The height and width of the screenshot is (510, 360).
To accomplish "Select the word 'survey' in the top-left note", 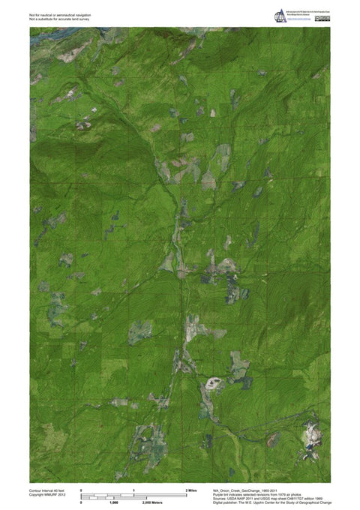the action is (x=84, y=19).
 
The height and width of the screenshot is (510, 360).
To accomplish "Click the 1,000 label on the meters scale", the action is (x=112, y=502).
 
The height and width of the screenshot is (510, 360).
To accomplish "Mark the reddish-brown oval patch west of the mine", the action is (x=274, y=439).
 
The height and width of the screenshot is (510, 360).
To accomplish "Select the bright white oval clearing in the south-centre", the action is (x=214, y=384).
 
